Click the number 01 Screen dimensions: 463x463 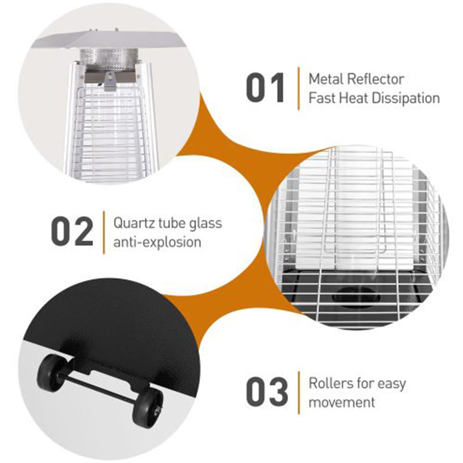[266, 89]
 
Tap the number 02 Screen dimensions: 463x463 [72, 231]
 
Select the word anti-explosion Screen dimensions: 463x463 [157, 241]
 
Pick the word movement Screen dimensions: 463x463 [342, 402]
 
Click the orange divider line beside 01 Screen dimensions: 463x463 [298, 89]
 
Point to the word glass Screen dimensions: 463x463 [202, 222]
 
